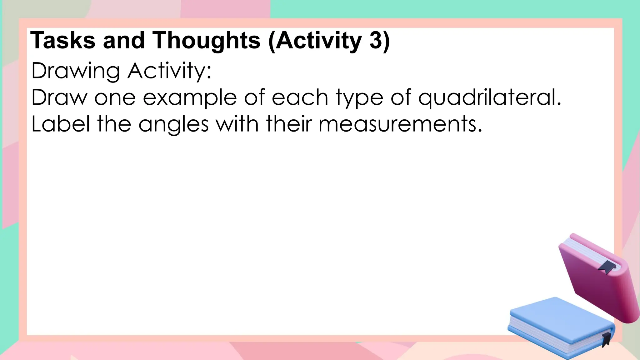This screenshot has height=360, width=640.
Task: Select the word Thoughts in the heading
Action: [206, 41]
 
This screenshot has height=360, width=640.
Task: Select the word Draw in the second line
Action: [59, 97]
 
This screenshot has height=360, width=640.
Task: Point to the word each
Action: [300, 97]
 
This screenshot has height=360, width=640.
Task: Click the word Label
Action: [61, 124]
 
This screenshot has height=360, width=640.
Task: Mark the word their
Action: [289, 124]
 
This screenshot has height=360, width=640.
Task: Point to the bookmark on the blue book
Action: [606, 339]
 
